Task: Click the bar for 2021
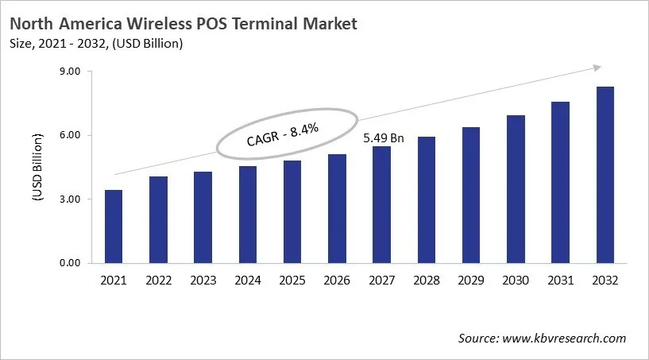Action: [x=114, y=226]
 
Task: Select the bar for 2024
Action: [x=248, y=215]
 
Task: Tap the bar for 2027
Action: [x=382, y=204]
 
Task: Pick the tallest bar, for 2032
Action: [x=605, y=175]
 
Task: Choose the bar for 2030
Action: [x=516, y=189]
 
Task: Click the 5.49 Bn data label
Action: [x=383, y=137]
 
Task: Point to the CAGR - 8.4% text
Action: [x=283, y=131]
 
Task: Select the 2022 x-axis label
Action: [x=159, y=281]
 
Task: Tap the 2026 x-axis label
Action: [x=338, y=281]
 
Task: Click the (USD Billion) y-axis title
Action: [x=37, y=168]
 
